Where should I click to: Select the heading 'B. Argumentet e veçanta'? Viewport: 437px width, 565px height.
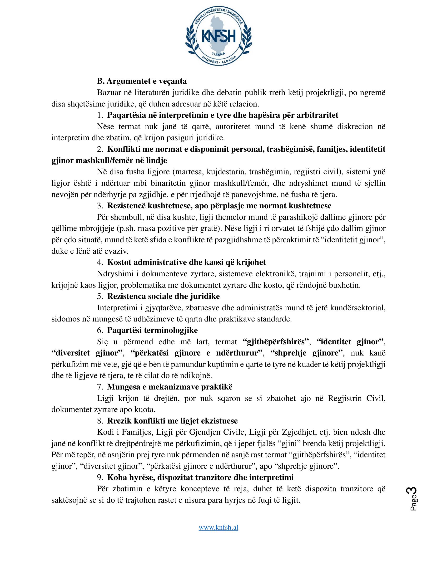[x=142, y=81]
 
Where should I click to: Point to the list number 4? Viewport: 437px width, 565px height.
[x=100, y=262]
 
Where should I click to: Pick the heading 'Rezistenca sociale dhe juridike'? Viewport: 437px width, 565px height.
[x=163, y=296]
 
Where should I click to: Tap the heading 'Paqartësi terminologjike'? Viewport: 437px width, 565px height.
[x=152, y=330]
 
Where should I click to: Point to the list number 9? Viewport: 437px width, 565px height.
[x=100, y=477]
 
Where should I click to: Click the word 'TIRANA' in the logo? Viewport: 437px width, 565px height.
[x=218, y=54]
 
